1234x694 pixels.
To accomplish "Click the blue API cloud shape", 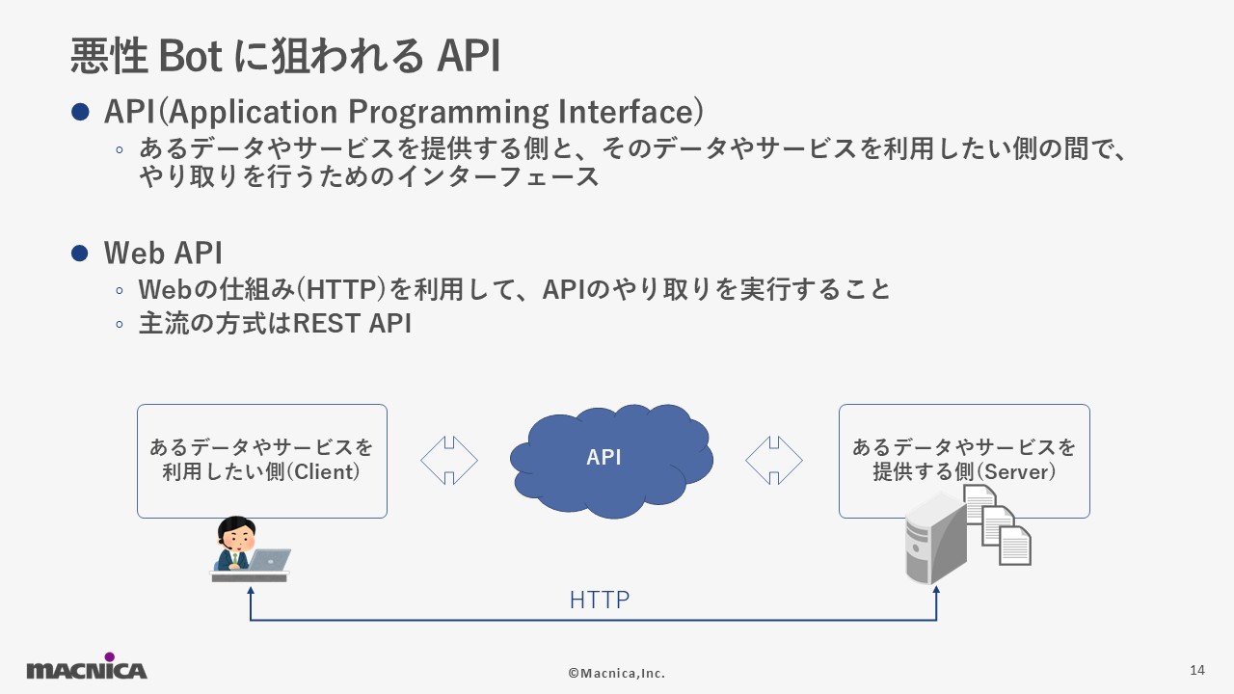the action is [611, 461].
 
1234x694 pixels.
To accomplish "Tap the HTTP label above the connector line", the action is [600, 600].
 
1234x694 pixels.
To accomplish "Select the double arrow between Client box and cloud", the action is [449, 461].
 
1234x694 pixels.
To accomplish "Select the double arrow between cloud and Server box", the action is [774, 461].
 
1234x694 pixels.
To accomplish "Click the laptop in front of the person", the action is [269, 560].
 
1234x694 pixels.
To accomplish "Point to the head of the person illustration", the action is [237, 533].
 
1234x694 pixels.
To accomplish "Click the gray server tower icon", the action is [936, 539].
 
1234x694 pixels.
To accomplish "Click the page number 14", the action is [1197, 670].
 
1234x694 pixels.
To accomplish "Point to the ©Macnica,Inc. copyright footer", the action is [616, 673].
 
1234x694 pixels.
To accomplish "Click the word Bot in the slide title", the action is [191, 56].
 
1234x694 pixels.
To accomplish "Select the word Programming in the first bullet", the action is [448, 113].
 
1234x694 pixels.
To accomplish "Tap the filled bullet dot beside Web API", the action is [80, 254].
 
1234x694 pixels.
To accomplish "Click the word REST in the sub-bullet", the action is [326, 323].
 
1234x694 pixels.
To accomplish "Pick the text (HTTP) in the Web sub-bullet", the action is [341, 290].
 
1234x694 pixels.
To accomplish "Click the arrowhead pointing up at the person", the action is [251, 591].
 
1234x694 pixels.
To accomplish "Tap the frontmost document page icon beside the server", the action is [1015, 546].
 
